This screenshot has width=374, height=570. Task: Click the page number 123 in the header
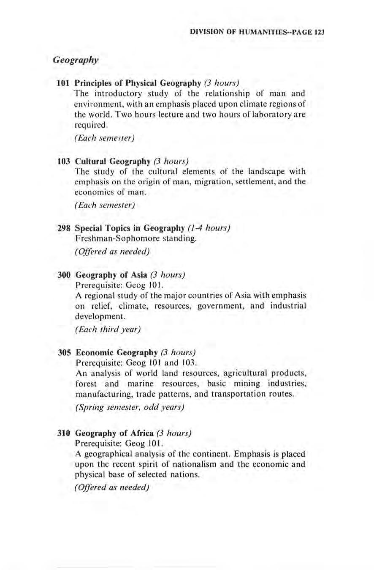tap(319, 32)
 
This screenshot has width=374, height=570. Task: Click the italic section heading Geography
tap(75, 60)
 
